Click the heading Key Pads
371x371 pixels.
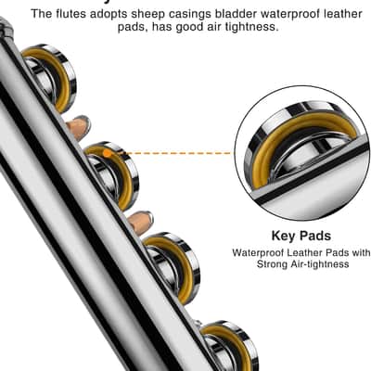[301, 236]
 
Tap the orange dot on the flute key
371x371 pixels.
[107, 153]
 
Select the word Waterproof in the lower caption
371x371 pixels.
[258, 252]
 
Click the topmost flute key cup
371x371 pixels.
[51, 77]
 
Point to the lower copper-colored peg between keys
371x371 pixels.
[141, 222]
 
